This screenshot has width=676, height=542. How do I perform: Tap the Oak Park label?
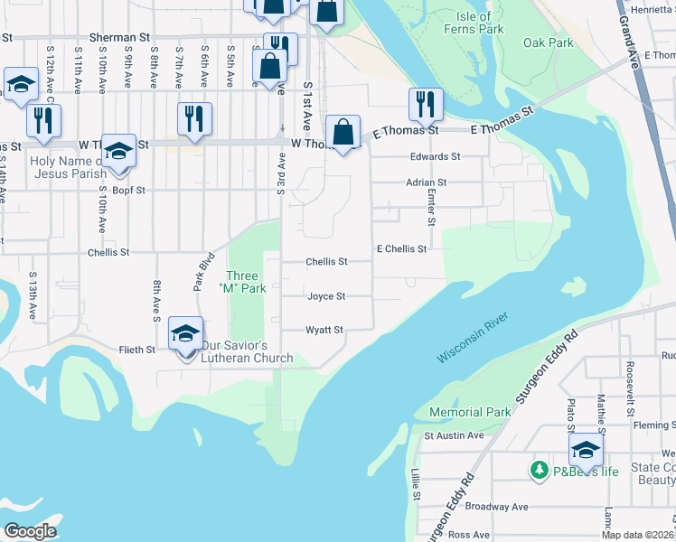(548, 42)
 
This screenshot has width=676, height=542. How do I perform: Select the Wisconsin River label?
(473, 339)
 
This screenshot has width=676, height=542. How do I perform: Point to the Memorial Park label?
(470, 412)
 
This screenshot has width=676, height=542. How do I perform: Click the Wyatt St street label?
(324, 331)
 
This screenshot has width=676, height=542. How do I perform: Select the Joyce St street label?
(326, 296)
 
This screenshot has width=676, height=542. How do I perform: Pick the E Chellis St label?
(401, 248)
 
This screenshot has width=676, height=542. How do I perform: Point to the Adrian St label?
(427, 182)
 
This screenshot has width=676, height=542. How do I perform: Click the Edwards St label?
(435, 156)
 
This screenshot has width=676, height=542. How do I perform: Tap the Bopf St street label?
(129, 191)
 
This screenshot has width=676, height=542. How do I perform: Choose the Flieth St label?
(137, 349)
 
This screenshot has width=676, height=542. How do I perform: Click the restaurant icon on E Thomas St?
(424, 106)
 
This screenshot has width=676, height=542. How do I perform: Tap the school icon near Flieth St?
(185, 334)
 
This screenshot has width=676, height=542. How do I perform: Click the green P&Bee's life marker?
(540, 470)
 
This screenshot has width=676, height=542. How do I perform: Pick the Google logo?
(30, 531)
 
